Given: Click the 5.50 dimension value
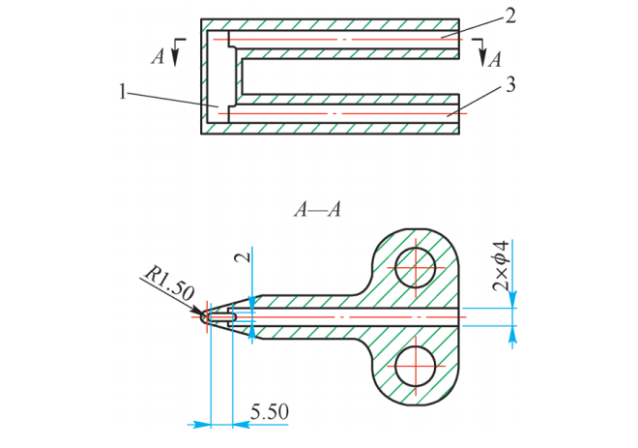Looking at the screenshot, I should (x=269, y=412).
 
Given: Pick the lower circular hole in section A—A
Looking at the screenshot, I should (x=417, y=365).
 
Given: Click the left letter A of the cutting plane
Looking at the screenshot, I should (x=158, y=56).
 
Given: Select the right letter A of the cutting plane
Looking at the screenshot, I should (x=496, y=59).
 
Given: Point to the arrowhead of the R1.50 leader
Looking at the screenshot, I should (x=201, y=311).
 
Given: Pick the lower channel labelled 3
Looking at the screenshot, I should (x=338, y=113).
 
